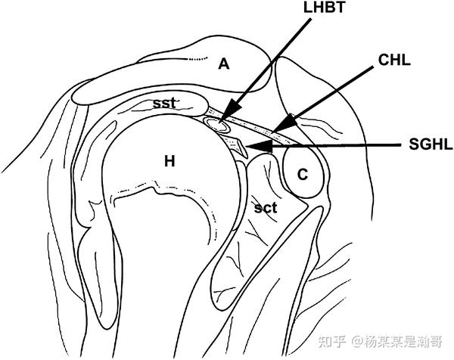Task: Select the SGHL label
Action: pyautogui.click(x=427, y=145)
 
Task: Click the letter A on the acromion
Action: pyautogui.click(x=223, y=64)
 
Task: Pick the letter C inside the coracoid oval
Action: pyautogui.click(x=303, y=175)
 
